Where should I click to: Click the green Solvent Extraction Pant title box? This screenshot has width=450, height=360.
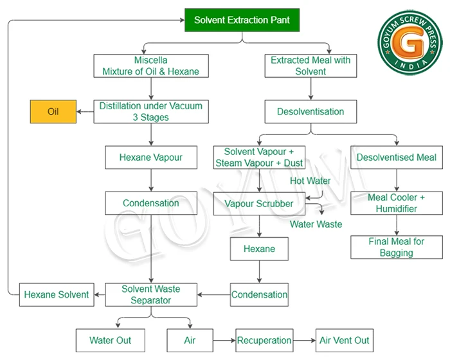click(242, 20)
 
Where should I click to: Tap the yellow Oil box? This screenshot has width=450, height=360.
click(53, 112)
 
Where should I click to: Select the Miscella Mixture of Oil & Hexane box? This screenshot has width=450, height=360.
click(151, 66)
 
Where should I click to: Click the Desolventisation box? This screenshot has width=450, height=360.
click(310, 112)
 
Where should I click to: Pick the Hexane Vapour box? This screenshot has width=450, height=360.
click(151, 157)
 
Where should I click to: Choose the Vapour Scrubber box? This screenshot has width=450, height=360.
click(259, 204)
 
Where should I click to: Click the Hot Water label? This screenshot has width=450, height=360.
click(310, 181)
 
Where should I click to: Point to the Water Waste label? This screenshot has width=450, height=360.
click(316, 224)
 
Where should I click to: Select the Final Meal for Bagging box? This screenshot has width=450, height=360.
click(397, 247)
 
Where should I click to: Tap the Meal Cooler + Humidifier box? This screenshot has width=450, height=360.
click(397, 203)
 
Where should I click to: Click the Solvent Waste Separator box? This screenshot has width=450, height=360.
click(151, 294)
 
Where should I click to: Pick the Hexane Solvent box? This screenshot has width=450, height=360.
click(57, 294)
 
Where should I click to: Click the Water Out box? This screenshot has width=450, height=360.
click(111, 341)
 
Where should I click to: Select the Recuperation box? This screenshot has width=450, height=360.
click(264, 341)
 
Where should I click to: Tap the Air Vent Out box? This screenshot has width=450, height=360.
click(345, 341)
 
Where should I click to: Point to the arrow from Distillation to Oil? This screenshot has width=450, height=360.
click(85, 112)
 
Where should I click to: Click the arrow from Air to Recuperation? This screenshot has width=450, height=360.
click(224, 341)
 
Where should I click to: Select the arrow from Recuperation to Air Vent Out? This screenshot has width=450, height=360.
click(305, 341)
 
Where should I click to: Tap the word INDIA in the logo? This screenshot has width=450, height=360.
click(411, 65)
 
